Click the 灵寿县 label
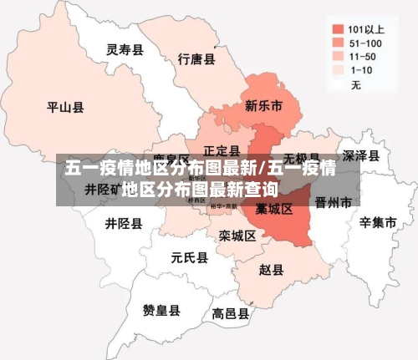tap(125, 50)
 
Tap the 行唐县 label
tap(197, 59)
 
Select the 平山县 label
tap(65, 107)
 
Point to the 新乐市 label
tap(263, 106)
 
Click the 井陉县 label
tap(124, 224)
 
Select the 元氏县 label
tap(189, 257)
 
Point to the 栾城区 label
tap(237, 236)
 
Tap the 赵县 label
tap(271, 270)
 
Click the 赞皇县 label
tap(161, 310)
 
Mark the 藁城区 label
tap(274, 209)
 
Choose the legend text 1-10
tap(362, 70)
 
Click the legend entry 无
tap(356, 85)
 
